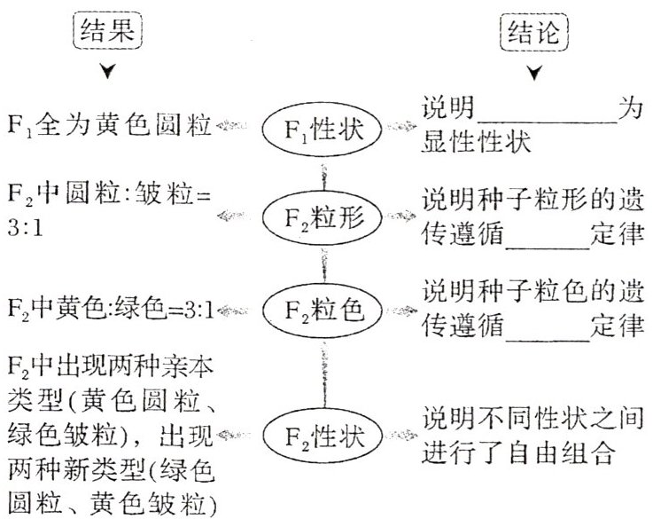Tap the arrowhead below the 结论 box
534,74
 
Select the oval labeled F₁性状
322,130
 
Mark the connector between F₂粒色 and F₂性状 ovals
322,373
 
